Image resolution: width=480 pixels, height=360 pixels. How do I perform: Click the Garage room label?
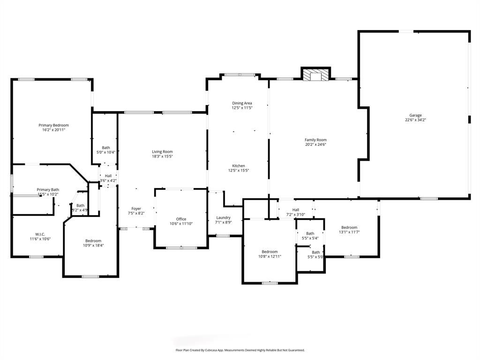pos(415,115)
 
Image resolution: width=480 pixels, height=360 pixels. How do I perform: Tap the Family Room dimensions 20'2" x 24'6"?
pos(315,145)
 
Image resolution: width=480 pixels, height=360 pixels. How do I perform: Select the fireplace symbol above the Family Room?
pos(315,75)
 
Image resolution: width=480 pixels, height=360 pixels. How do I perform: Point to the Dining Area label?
pos(242,103)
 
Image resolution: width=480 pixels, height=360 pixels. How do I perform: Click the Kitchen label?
pos(238,166)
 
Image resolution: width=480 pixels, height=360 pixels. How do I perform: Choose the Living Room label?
pos(162,151)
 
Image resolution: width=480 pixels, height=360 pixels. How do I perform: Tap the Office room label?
pos(181,219)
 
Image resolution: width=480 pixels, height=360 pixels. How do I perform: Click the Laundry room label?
pos(223,217)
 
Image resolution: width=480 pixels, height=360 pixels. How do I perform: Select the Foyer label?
pos(136,209)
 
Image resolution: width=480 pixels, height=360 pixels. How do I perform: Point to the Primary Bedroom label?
pos(53,125)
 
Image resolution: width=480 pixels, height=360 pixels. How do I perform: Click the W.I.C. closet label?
pos(40,234)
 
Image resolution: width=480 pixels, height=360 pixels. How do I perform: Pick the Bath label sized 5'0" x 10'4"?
pos(106,148)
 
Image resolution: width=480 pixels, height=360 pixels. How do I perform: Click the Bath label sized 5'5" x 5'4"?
pos(310,233)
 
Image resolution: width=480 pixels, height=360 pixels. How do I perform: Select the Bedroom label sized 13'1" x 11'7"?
pos(349,227)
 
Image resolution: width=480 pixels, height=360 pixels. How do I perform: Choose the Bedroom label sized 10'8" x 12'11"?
pos(270,252)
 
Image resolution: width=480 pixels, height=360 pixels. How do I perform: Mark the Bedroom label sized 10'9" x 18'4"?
pos(93,240)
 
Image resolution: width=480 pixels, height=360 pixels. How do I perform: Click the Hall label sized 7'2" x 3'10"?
pos(296,210)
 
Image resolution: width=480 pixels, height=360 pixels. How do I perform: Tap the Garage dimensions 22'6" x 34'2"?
pos(415,120)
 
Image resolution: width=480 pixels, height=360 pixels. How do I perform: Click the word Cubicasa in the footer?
pos(215,350)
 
